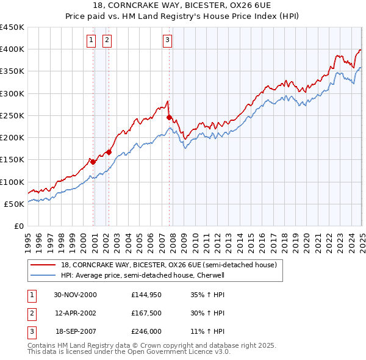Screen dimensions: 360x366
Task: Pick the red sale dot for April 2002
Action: pyautogui.click(x=109, y=152)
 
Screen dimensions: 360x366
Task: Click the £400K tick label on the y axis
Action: pyautogui.click(x=12, y=49)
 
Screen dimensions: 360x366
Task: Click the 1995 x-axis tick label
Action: pyautogui.click(x=28, y=239)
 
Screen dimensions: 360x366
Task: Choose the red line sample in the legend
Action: pyautogui.click(x=42, y=265)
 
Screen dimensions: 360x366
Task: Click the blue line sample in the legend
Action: pyautogui.click(x=42, y=275)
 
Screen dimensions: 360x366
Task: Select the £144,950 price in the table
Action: pyautogui.click(x=146, y=295)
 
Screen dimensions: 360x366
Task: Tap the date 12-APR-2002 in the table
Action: pyautogui.click(x=76, y=314)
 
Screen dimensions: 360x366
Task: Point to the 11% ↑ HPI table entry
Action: pyautogui.click(x=203, y=333)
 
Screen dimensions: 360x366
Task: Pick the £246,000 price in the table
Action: pyautogui.click(x=146, y=333)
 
